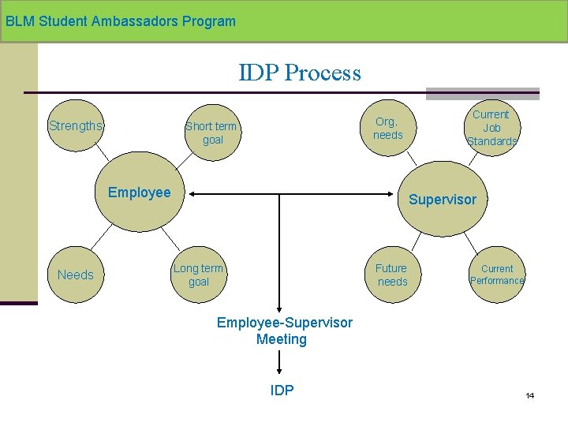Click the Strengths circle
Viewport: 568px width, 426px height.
point(76,125)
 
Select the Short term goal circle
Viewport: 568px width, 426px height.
point(213,133)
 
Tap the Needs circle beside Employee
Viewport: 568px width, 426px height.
point(76,275)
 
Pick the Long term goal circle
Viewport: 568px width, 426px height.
point(199,275)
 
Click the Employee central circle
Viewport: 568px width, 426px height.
point(140,192)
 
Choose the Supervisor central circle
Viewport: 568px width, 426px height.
point(443,199)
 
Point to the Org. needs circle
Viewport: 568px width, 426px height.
point(388,128)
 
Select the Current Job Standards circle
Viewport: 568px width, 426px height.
point(492,128)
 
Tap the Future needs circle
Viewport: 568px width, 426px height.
point(393,275)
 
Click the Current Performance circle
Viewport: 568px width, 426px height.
point(497,275)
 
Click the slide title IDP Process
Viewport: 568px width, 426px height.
point(300,72)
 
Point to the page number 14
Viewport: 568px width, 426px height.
point(529,395)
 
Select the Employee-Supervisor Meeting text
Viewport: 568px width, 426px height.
point(284,331)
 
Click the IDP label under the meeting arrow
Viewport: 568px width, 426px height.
point(282,390)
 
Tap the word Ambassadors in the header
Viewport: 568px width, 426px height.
point(134,21)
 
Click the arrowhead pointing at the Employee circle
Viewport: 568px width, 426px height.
point(192,194)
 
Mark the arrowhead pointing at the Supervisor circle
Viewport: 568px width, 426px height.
point(390,194)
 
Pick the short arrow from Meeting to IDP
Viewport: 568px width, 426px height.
point(279,362)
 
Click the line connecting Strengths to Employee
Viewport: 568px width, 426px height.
point(102,152)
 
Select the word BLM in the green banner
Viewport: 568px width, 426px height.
point(20,21)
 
